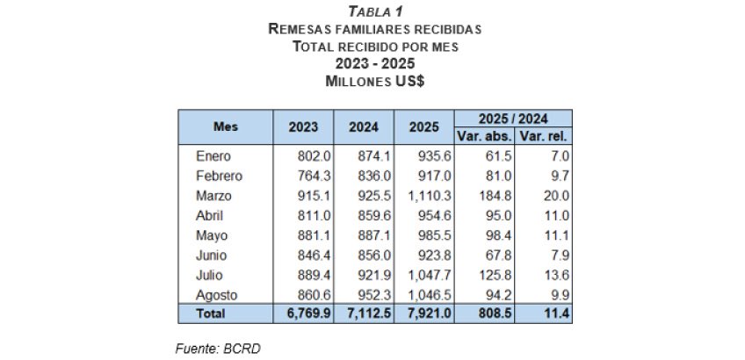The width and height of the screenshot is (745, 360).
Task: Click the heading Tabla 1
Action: [x=374, y=11]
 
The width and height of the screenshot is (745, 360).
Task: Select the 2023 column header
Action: [x=303, y=126]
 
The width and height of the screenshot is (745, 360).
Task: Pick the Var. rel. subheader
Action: [x=544, y=136]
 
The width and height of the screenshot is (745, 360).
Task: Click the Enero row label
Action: [x=213, y=156]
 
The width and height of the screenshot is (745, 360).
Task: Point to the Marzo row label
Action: [x=215, y=195]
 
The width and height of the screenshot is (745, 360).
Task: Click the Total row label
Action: [x=211, y=313]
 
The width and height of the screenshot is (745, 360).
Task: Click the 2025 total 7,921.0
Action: [x=425, y=313]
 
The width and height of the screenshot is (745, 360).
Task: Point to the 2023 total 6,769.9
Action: [x=306, y=313]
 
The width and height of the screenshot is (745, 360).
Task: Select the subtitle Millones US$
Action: [x=374, y=81]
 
